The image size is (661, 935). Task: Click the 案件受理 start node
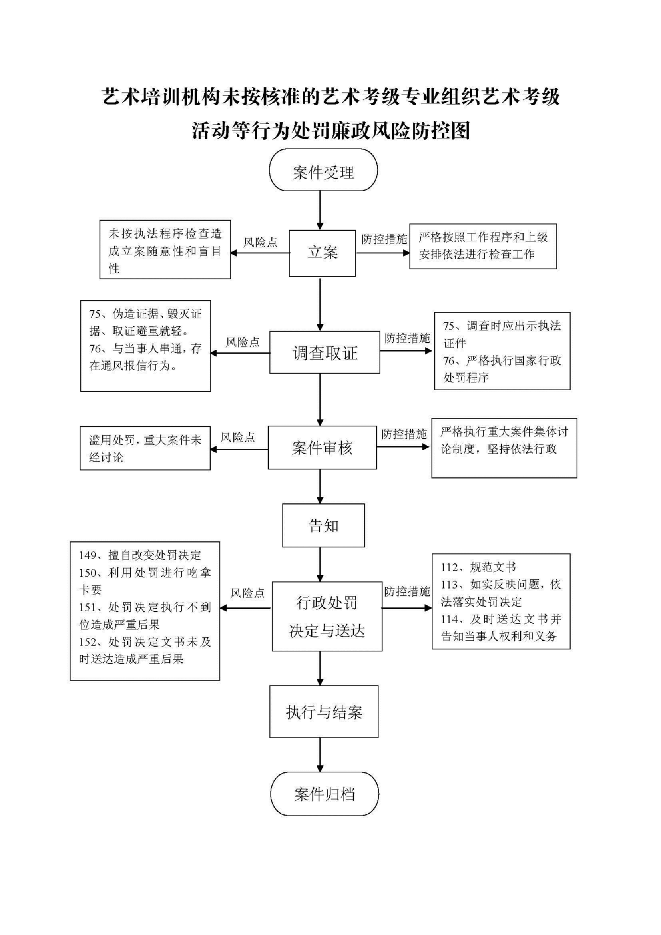tap(323, 170)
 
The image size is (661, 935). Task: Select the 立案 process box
tap(322, 253)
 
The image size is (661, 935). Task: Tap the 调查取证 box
tap(325, 352)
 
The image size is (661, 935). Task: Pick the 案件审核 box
tap(322, 448)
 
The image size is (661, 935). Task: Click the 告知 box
tap(323, 525)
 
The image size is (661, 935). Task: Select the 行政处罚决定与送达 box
tap(327, 616)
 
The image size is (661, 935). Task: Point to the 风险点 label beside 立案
tap(260, 242)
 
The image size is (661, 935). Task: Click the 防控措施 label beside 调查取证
tap(407, 338)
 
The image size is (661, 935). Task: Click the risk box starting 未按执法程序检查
tap(165, 250)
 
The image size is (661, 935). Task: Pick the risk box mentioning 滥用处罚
tap(145, 448)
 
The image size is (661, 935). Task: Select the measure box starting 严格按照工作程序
tap(483, 246)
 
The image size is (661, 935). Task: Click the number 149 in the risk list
tap(88, 555)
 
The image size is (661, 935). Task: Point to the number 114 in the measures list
tap(450, 619)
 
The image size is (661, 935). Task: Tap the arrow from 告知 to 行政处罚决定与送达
tap(320, 565)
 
